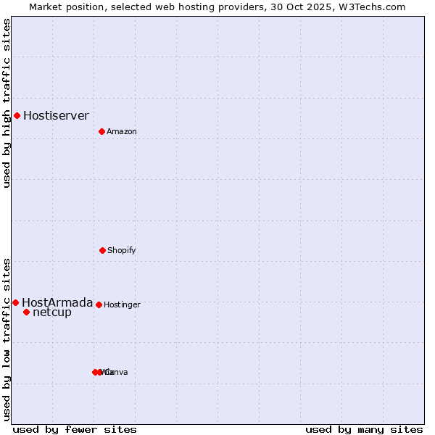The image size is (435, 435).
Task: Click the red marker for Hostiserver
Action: (17, 115)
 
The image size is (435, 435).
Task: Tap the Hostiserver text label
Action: (56, 115)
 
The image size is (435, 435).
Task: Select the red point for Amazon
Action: (101, 131)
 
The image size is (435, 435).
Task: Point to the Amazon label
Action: (122, 131)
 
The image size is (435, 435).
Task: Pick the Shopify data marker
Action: (102, 250)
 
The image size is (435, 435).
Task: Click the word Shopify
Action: (122, 250)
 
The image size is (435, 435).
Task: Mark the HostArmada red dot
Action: (15, 302)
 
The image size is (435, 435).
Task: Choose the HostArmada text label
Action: (57, 302)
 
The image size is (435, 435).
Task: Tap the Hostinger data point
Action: (99, 304)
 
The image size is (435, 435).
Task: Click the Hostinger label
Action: (122, 304)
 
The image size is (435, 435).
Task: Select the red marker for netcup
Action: (26, 312)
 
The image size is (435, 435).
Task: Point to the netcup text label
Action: (52, 312)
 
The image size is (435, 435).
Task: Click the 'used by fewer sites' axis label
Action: (75, 429)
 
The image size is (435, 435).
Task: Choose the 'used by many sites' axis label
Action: (364, 429)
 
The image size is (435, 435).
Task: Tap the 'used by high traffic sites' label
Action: (7, 103)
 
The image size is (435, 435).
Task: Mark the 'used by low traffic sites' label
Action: (7, 339)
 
